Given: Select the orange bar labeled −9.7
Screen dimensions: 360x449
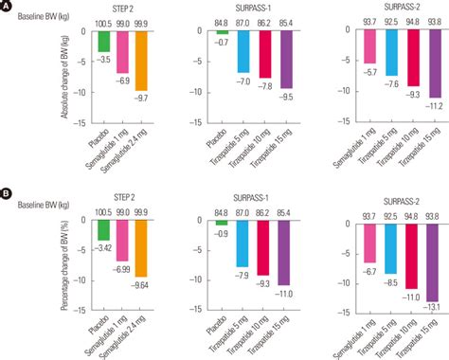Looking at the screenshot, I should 140,60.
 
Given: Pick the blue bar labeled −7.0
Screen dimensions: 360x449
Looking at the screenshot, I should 244,52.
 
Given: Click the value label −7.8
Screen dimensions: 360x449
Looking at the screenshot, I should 266,85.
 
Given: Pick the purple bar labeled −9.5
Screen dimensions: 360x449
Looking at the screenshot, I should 288,59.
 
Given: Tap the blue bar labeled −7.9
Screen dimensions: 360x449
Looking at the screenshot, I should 244,242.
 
